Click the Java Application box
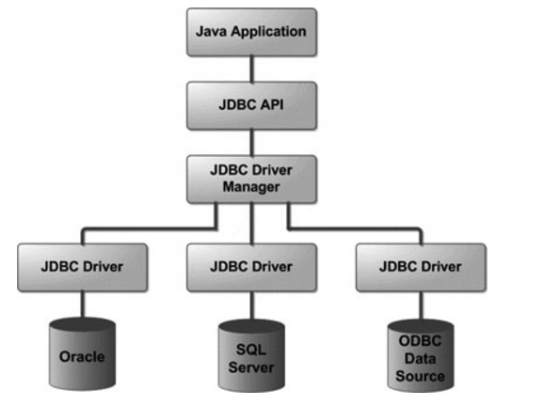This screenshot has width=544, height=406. tap(251, 32)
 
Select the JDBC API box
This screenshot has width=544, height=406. tap(251, 105)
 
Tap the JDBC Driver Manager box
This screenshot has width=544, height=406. tap(251, 180)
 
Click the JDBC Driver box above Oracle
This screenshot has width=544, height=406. tap(83, 267)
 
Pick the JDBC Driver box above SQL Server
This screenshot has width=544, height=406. tap(251, 267)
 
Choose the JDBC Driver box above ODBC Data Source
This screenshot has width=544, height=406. tap(421, 267)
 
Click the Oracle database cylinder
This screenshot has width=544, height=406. tap(82, 354)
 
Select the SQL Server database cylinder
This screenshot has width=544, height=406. tap(251, 355)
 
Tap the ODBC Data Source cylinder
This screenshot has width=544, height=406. tap(421, 355)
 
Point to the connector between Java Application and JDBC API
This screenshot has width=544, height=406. tap(251, 69)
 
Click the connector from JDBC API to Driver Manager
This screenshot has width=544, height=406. tap(251, 143)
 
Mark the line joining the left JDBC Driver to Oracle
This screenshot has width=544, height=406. tap(83, 304)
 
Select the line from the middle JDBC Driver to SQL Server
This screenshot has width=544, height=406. tap(251, 305)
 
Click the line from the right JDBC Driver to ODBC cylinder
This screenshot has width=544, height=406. tap(422, 305)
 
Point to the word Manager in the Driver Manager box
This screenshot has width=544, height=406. tap(251, 187)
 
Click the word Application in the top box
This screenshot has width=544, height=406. tap(268, 32)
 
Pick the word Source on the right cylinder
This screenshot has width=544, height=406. tap(420, 376)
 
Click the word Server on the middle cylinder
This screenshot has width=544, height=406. tap(251, 367)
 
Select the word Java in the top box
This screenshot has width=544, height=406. tap(212, 31)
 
